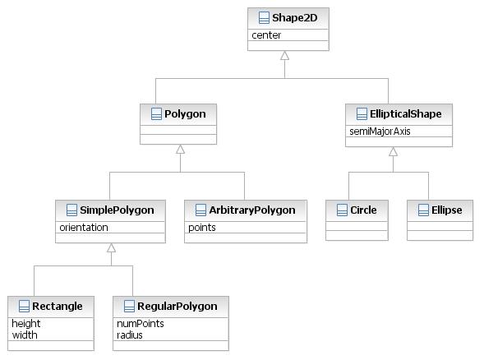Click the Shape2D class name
(x=294, y=18)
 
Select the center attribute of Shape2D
(x=266, y=35)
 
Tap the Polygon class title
(x=185, y=114)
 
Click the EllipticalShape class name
(x=406, y=114)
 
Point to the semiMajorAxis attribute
(x=380, y=132)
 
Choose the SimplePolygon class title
(x=117, y=210)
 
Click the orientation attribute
(x=84, y=228)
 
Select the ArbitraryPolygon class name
(x=252, y=210)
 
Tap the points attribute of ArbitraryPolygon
(x=202, y=228)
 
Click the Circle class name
(x=363, y=210)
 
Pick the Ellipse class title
(x=447, y=210)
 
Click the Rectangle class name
(x=57, y=307)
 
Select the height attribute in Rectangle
(x=26, y=324)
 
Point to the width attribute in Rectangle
(x=25, y=335)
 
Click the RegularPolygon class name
(x=177, y=307)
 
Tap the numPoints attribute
(x=141, y=324)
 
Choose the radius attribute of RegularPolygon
(x=130, y=335)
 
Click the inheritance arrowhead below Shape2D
(x=284, y=56)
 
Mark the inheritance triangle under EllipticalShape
(x=393, y=151)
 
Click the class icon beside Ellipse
(x=423, y=210)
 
